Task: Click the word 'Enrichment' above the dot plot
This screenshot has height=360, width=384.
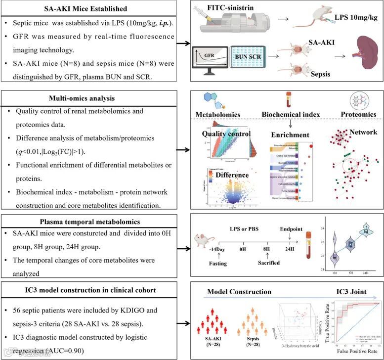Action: [x=290, y=134]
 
